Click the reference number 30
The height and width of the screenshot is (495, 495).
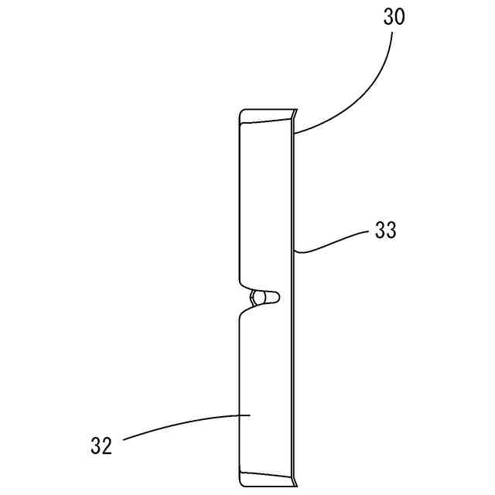point(393,18)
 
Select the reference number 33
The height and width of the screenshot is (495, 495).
point(385,230)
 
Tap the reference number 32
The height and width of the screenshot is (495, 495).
point(101,445)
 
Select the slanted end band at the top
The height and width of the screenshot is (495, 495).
point(267,116)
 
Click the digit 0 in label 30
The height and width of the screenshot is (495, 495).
point(399,18)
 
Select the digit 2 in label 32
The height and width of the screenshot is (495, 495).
point(108,445)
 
